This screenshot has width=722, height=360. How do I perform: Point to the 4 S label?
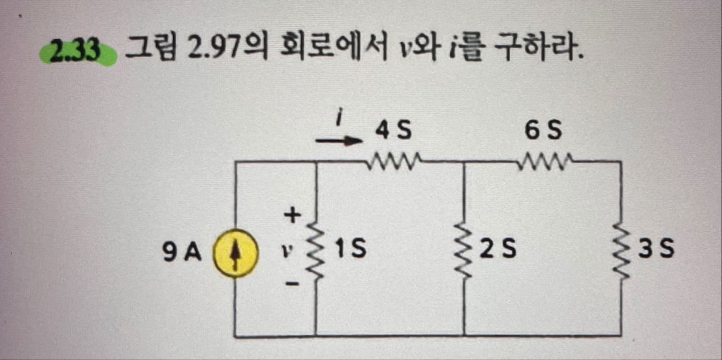coord(393,131)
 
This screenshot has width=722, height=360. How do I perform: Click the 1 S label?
coord(350,249)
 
